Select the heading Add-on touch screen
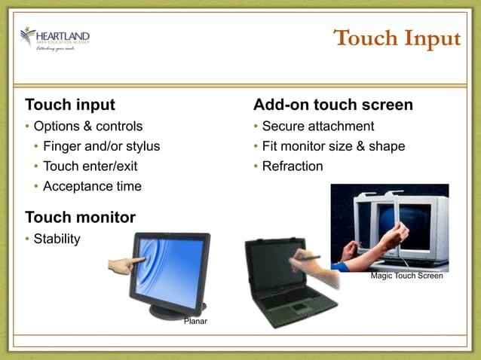(332, 105)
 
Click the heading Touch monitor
(80, 218)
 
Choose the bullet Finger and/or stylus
(101, 146)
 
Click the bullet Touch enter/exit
(90, 166)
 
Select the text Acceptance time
(92, 186)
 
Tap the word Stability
(57, 239)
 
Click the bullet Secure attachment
(317, 126)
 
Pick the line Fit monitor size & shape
(333, 146)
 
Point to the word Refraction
(293, 166)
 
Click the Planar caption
(195, 322)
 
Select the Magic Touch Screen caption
(406, 276)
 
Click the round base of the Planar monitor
(177, 309)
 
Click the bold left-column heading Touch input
(70, 105)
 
